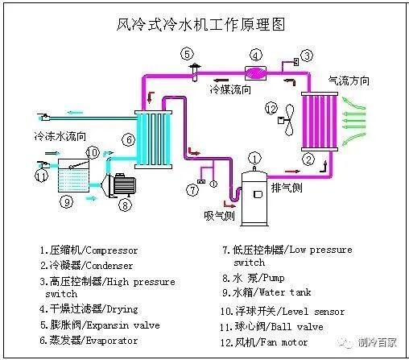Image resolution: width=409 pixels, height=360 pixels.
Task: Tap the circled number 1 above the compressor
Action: point(254,158)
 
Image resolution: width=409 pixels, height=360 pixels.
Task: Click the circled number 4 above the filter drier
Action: point(255,56)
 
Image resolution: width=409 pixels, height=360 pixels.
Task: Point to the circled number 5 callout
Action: point(187,54)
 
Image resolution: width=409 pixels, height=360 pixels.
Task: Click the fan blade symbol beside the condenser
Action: point(284,119)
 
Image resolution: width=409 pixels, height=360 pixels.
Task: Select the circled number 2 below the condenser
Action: point(308,159)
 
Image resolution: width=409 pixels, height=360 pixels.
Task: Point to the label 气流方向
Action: point(349,81)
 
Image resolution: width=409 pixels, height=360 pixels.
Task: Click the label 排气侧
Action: point(287,187)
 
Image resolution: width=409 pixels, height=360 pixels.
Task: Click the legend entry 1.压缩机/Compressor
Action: point(89,250)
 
